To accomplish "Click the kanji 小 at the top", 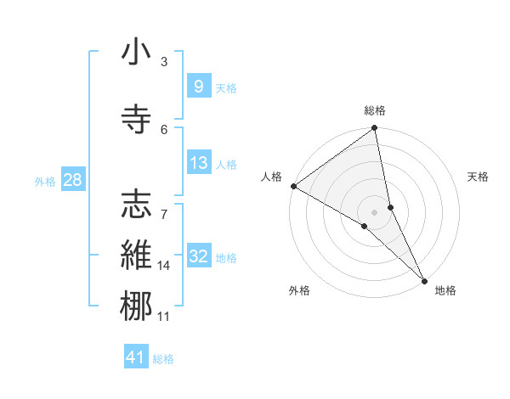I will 136,53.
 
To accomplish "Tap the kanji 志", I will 136,204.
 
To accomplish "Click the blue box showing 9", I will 197,87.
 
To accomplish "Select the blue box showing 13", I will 197,163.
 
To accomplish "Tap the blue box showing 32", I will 198,256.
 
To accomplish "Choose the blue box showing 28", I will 72,180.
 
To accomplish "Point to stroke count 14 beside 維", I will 164,266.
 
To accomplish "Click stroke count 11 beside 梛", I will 164,317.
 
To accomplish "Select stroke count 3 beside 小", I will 164,62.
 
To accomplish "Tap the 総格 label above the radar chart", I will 375,110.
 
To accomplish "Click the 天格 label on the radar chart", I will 478,177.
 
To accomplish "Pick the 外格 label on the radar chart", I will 299,290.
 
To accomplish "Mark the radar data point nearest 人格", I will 293,186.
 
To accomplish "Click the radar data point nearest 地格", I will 424,279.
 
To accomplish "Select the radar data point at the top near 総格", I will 375,129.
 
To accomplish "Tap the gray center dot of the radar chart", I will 375,211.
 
